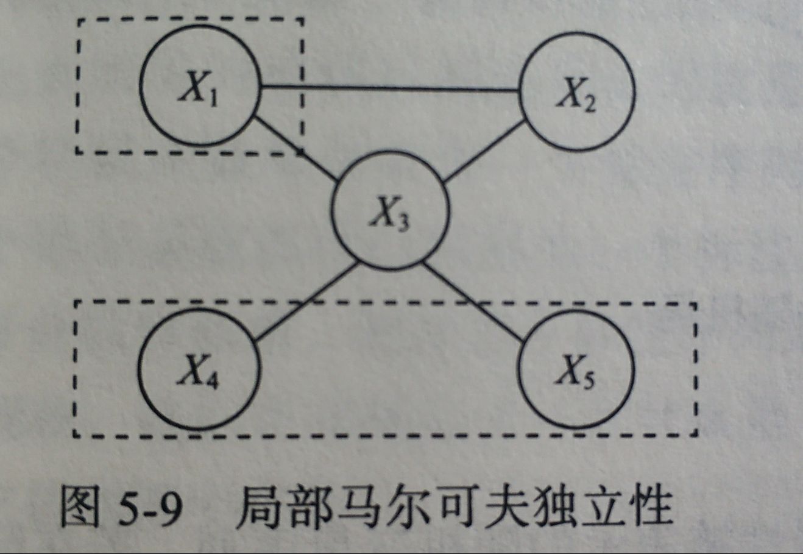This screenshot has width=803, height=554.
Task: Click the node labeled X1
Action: [x=200, y=85]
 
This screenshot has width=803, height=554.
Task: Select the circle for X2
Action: [x=576, y=92]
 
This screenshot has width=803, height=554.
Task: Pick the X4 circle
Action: [x=199, y=369]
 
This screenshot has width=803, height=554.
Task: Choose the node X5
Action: [x=576, y=369]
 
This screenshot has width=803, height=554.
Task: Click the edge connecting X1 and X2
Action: [x=390, y=89]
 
